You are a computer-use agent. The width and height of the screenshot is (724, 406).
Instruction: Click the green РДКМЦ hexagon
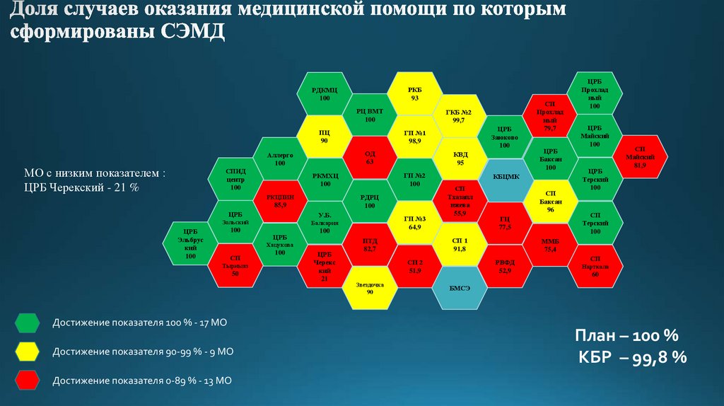[325, 93]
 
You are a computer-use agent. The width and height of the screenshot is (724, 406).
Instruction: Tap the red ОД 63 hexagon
[369, 158]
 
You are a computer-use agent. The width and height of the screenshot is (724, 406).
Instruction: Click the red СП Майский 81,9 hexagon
[641, 158]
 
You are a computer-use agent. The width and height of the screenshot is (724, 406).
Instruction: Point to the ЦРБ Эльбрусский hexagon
[189, 244]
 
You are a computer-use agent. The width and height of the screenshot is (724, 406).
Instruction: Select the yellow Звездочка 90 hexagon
[369, 288]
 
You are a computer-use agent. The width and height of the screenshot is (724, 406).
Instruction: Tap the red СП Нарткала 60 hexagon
[595, 267]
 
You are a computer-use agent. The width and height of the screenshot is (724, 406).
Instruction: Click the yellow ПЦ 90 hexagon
[325, 137]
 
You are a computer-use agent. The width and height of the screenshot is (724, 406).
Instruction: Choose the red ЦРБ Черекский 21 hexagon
[325, 266]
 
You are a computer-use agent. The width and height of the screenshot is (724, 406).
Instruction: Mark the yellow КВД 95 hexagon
[460, 158]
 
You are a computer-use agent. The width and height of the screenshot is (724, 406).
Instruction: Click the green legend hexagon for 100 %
[26, 324]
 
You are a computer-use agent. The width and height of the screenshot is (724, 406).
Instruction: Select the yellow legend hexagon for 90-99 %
[26, 352]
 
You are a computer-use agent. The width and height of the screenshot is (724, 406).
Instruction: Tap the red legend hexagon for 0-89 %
[26, 381]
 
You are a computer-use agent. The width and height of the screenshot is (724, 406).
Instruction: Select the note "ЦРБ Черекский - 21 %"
[81, 188]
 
